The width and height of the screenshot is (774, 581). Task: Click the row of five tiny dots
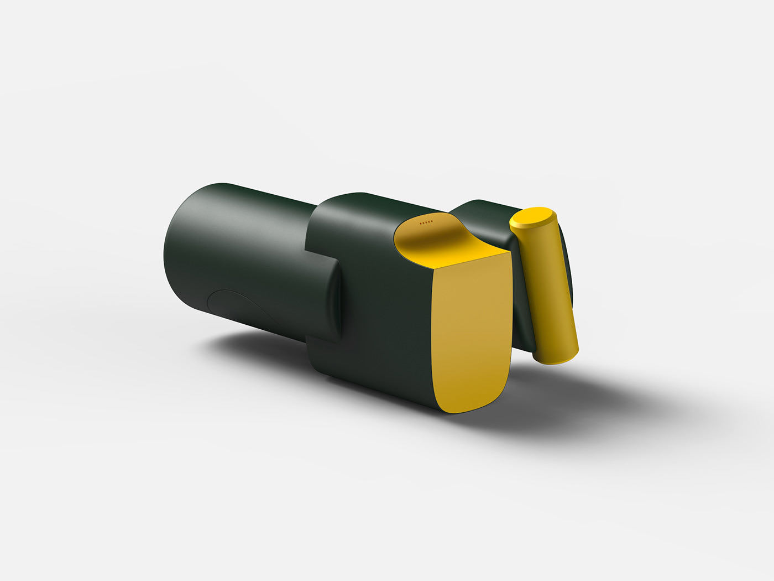pos(426,222)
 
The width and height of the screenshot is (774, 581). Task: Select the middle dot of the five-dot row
pos(426,222)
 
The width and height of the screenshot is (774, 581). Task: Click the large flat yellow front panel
pos(470,332)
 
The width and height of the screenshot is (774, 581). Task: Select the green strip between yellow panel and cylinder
pos(522,310)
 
